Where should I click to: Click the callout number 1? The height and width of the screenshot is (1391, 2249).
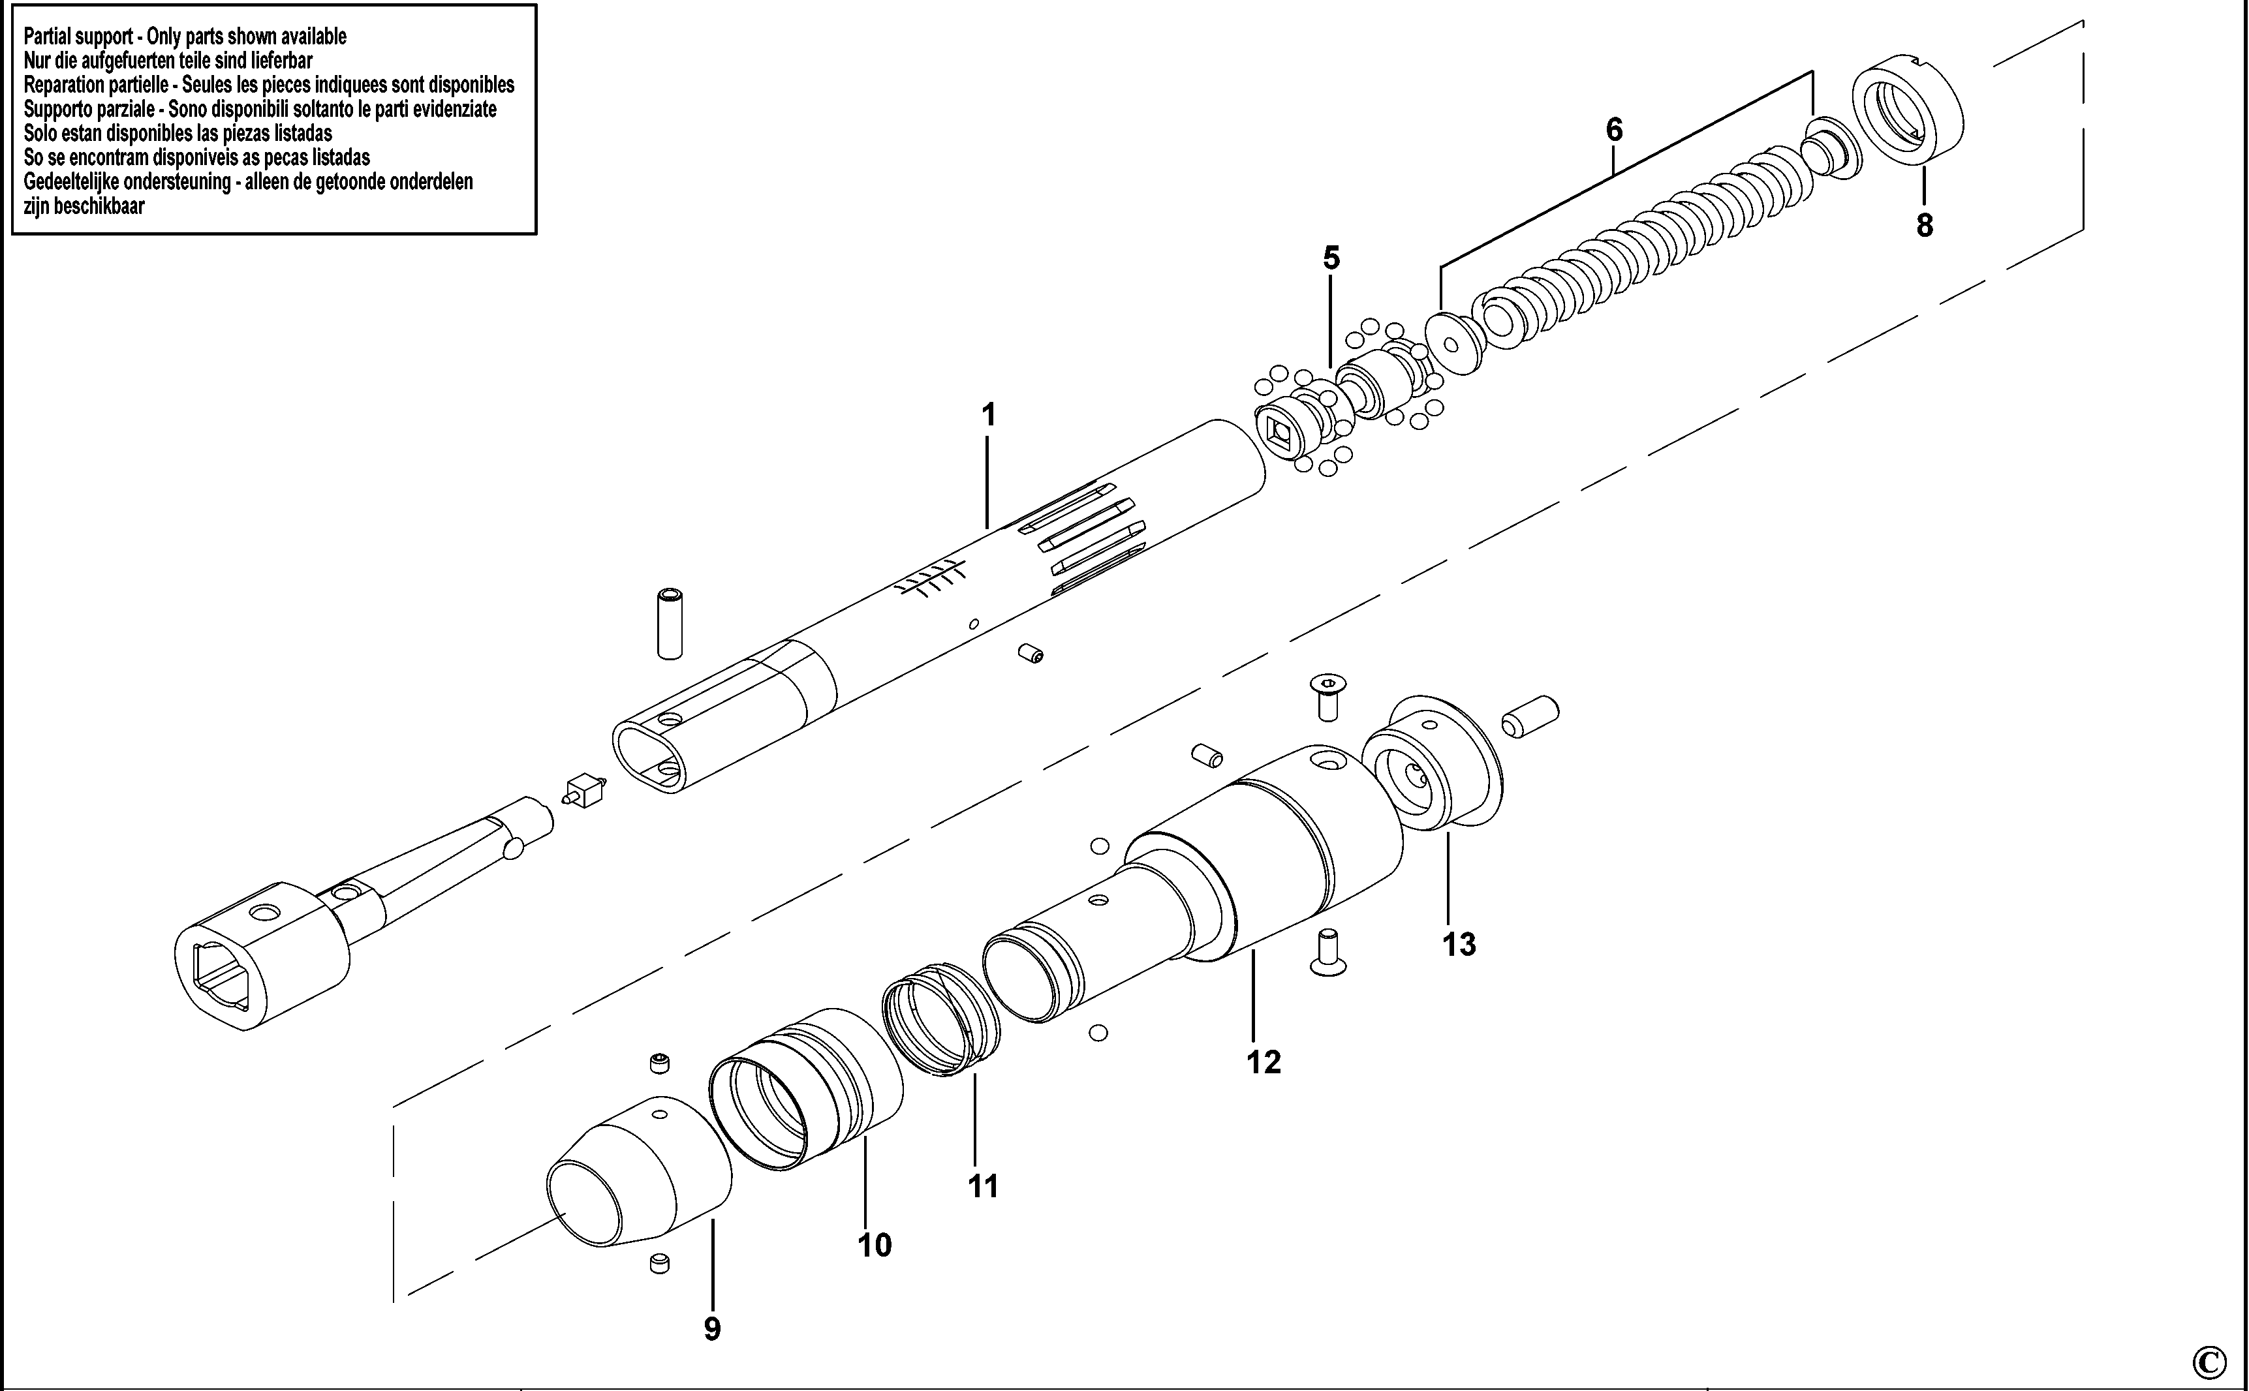(988, 415)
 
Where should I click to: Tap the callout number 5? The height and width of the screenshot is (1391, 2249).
(1331, 258)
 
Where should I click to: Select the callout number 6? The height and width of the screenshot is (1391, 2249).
(1614, 130)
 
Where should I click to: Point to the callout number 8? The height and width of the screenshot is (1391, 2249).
(1924, 225)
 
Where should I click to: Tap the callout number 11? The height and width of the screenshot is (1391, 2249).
(983, 1186)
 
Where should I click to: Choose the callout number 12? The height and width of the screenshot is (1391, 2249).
(1264, 1063)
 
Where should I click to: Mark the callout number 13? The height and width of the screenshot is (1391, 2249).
(1459, 944)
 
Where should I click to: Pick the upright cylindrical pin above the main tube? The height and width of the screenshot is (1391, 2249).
(670, 624)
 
